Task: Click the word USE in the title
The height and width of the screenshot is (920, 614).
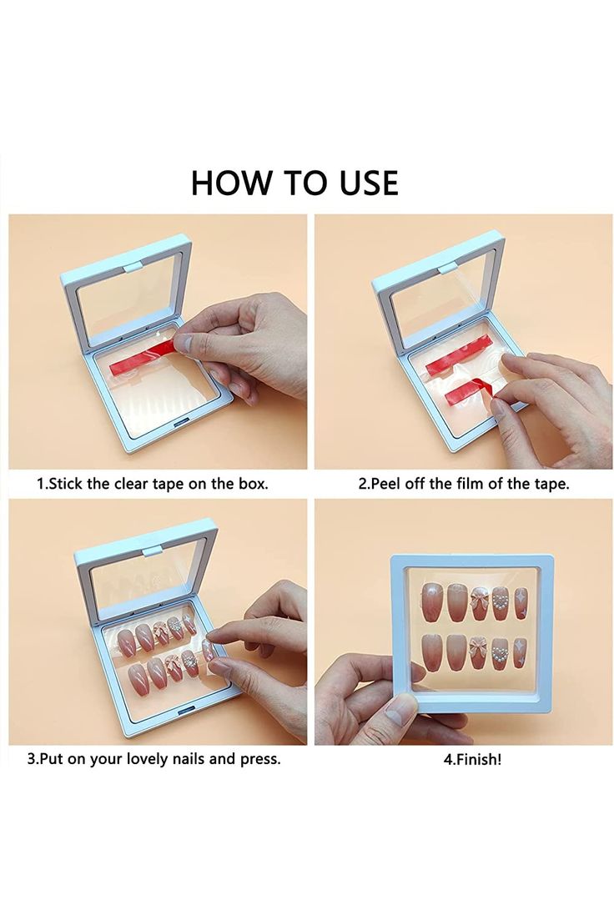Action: (x=360, y=183)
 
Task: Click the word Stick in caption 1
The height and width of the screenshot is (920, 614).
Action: (x=69, y=484)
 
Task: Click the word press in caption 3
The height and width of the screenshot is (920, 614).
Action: (x=259, y=759)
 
